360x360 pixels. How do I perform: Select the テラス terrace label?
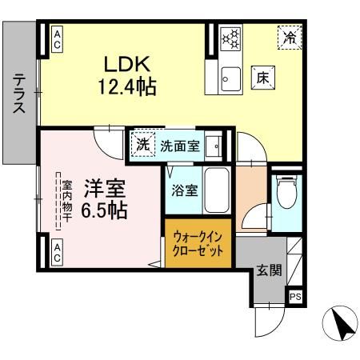tap(19, 94)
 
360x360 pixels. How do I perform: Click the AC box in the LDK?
tap(58, 38)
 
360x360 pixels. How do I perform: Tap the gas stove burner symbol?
tap(230, 38)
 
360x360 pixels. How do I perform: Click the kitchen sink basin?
tap(229, 78)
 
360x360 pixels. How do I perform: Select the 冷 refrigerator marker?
tap(290, 36)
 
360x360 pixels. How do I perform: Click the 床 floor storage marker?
tap(263, 77)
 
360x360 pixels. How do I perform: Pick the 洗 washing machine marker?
tap(142, 146)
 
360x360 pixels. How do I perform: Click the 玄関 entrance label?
tap(269, 270)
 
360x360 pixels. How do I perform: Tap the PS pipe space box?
tap(295, 297)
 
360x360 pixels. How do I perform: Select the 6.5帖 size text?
tap(105, 210)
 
